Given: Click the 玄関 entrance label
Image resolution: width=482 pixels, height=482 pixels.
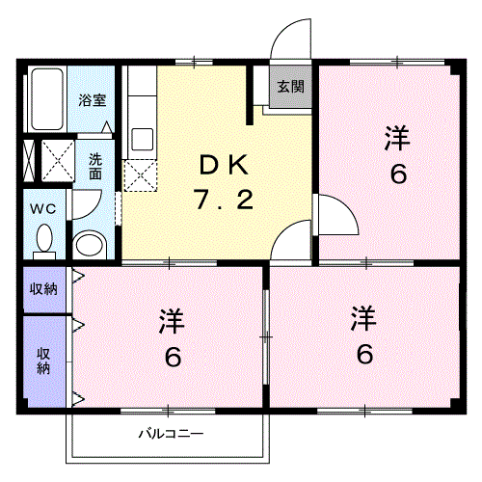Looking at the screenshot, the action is click(290, 87).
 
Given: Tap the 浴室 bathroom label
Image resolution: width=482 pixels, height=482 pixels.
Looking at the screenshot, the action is click(93, 100).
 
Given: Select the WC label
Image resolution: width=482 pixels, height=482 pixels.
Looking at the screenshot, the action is click(43, 209).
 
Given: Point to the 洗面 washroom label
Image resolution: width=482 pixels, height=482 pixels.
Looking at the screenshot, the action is click(95, 167).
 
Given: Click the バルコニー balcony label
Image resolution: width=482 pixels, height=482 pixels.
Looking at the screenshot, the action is click(171, 434).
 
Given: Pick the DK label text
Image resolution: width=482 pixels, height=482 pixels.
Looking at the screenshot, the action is click(224, 165).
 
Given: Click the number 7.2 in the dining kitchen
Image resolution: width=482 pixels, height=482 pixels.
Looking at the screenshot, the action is click(224, 200).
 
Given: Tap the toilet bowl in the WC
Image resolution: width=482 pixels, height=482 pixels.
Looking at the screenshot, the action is click(44, 238).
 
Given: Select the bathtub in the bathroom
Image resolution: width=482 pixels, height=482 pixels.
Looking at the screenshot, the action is click(47, 99).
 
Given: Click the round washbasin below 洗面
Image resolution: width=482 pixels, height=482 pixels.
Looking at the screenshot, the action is click(91, 246).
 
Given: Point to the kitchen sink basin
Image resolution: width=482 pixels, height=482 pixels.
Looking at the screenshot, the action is click(143, 139).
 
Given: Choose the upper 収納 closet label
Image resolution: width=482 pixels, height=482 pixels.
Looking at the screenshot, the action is click(43, 289).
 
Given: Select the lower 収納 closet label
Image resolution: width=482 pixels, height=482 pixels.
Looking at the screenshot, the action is click(43, 361).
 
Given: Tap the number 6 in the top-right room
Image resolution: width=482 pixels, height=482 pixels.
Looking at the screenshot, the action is click(398, 174).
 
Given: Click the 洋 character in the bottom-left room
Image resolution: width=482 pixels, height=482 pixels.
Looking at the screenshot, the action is click(173, 321).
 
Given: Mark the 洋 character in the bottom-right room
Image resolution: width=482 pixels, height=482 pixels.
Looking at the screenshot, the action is click(363, 318).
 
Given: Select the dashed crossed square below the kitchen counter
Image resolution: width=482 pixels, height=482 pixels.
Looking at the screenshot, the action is click(141, 175).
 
